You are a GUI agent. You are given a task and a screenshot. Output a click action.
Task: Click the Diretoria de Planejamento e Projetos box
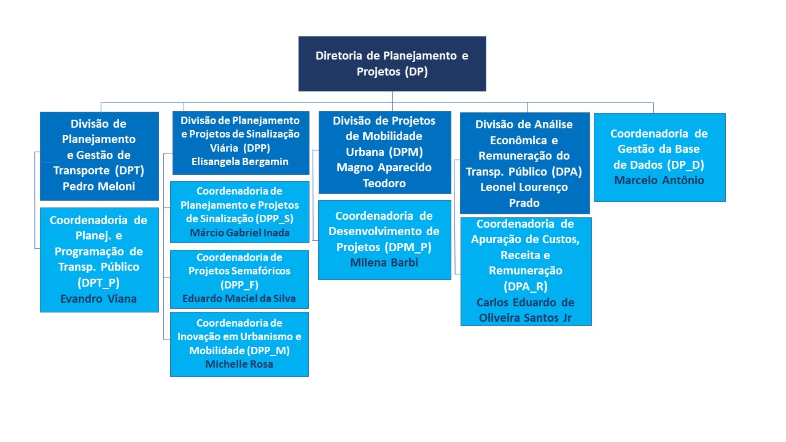(x=392, y=64)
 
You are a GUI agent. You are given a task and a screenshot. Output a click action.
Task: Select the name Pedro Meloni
(x=99, y=186)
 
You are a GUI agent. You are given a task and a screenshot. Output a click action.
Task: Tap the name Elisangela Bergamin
(x=240, y=161)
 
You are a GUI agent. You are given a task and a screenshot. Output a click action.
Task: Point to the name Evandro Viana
(x=99, y=299)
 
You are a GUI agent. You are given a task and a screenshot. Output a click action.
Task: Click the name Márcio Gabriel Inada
(x=239, y=233)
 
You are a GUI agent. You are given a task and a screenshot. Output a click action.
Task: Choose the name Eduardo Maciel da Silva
(x=239, y=298)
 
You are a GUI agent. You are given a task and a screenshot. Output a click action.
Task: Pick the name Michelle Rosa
(x=239, y=364)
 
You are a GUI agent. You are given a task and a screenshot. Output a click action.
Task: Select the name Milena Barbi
(x=384, y=262)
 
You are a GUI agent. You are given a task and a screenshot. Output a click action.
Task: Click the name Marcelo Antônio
(x=659, y=180)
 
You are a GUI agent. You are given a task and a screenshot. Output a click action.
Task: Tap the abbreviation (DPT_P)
(x=99, y=283)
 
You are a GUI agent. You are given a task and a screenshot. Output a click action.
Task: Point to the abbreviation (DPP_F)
(x=239, y=285)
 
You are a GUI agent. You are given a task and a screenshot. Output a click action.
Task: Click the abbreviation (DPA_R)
(x=525, y=287)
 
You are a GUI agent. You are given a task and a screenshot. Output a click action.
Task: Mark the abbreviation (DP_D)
(x=686, y=165)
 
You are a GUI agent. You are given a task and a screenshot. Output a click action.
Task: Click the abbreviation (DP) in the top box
(x=416, y=72)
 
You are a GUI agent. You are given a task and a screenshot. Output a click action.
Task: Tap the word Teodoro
(x=384, y=183)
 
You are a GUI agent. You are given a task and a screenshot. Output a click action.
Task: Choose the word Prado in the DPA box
(x=524, y=203)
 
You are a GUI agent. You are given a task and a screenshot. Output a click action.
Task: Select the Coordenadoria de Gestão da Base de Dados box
(x=660, y=157)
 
